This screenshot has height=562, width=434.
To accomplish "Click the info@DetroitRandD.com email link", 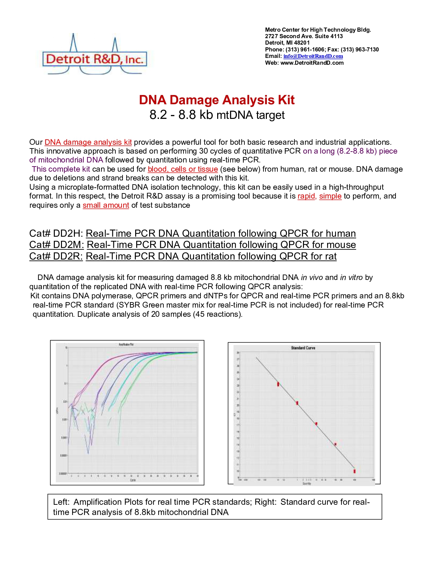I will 313,56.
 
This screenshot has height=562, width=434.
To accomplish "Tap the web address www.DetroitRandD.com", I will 312,63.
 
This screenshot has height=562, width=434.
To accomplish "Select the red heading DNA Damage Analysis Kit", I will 217,100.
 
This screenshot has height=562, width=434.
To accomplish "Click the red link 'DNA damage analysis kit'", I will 88,142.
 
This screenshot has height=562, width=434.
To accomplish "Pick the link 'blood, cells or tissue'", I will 182,169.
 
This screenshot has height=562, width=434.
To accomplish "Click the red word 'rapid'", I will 306,196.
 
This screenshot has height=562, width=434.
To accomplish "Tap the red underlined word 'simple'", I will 330,196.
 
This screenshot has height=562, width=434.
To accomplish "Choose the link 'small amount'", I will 106,205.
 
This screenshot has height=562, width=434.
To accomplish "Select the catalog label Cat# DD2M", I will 56,245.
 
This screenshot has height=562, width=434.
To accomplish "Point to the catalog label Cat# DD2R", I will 56,256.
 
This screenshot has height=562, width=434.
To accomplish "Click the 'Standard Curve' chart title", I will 303,348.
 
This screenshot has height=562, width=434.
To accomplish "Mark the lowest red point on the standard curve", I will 354,471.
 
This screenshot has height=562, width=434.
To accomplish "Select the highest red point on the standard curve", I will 278,384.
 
